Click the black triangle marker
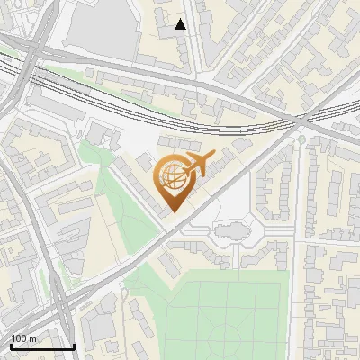coord(180,24)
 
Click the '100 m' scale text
coord(24,338)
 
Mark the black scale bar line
coord(42,346)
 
